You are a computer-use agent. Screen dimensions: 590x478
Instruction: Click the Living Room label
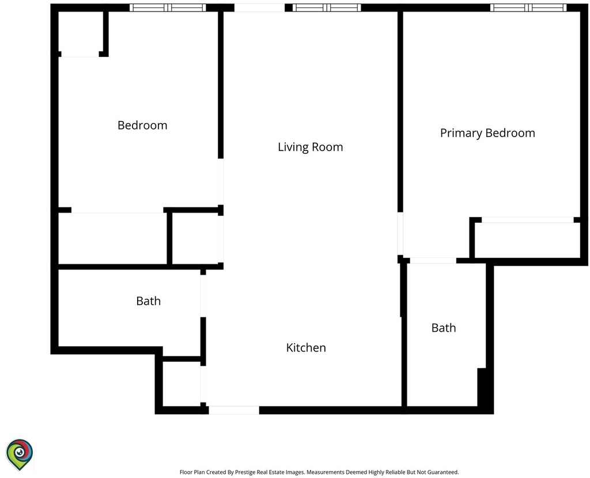point(311,147)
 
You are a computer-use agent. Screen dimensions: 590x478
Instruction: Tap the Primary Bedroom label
point(487,133)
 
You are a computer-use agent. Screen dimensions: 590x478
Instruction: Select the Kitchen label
point(306,347)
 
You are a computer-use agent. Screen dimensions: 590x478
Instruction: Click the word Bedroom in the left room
point(142,125)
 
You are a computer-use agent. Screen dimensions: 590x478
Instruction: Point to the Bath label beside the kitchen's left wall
point(148,301)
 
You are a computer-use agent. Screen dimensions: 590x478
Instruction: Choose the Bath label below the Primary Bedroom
point(444,328)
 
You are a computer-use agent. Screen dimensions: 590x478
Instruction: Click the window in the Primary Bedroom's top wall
point(528,7)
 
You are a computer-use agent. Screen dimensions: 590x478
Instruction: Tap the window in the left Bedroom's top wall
point(168,7)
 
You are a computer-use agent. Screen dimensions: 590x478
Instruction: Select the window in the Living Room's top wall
point(327,7)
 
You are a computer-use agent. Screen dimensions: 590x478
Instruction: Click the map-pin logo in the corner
point(20,454)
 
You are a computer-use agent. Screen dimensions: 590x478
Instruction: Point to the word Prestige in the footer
point(245,472)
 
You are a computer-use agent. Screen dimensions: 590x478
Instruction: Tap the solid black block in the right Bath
point(482,387)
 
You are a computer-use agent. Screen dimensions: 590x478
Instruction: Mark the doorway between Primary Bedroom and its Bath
point(433,261)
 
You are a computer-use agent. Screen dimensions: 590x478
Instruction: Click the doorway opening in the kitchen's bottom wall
point(234,410)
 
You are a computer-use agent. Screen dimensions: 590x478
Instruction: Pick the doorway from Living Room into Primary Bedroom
point(400,234)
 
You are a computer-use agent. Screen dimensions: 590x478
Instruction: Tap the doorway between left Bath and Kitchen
point(203,296)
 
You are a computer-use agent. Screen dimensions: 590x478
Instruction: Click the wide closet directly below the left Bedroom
point(112,238)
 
